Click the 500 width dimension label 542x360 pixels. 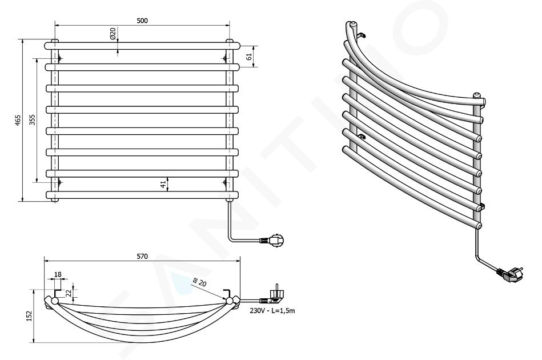pyautogui.click(x=142, y=21)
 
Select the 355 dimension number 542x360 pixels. pyautogui.click(x=32, y=120)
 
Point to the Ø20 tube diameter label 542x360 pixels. pyautogui.click(x=113, y=33)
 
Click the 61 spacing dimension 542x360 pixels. pyautogui.click(x=249, y=57)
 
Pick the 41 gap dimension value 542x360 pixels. pyautogui.click(x=163, y=185)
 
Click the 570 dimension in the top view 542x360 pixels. pyautogui.click(x=142, y=256)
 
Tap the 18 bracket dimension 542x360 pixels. pyautogui.click(x=58, y=275)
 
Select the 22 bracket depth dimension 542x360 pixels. pyautogui.click(x=69, y=293)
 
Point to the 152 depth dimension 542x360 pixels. pyautogui.click(x=29, y=316)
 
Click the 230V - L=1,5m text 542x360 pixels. pyautogui.click(x=272, y=310)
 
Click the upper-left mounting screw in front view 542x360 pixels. pyautogui.click(x=59, y=58)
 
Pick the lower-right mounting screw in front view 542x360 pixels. pyautogui.click(x=225, y=182)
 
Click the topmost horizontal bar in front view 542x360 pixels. pyautogui.click(x=142, y=46)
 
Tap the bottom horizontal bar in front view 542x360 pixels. pyautogui.click(x=142, y=195)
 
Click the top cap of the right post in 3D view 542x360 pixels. pyautogui.click(x=476, y=95)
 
